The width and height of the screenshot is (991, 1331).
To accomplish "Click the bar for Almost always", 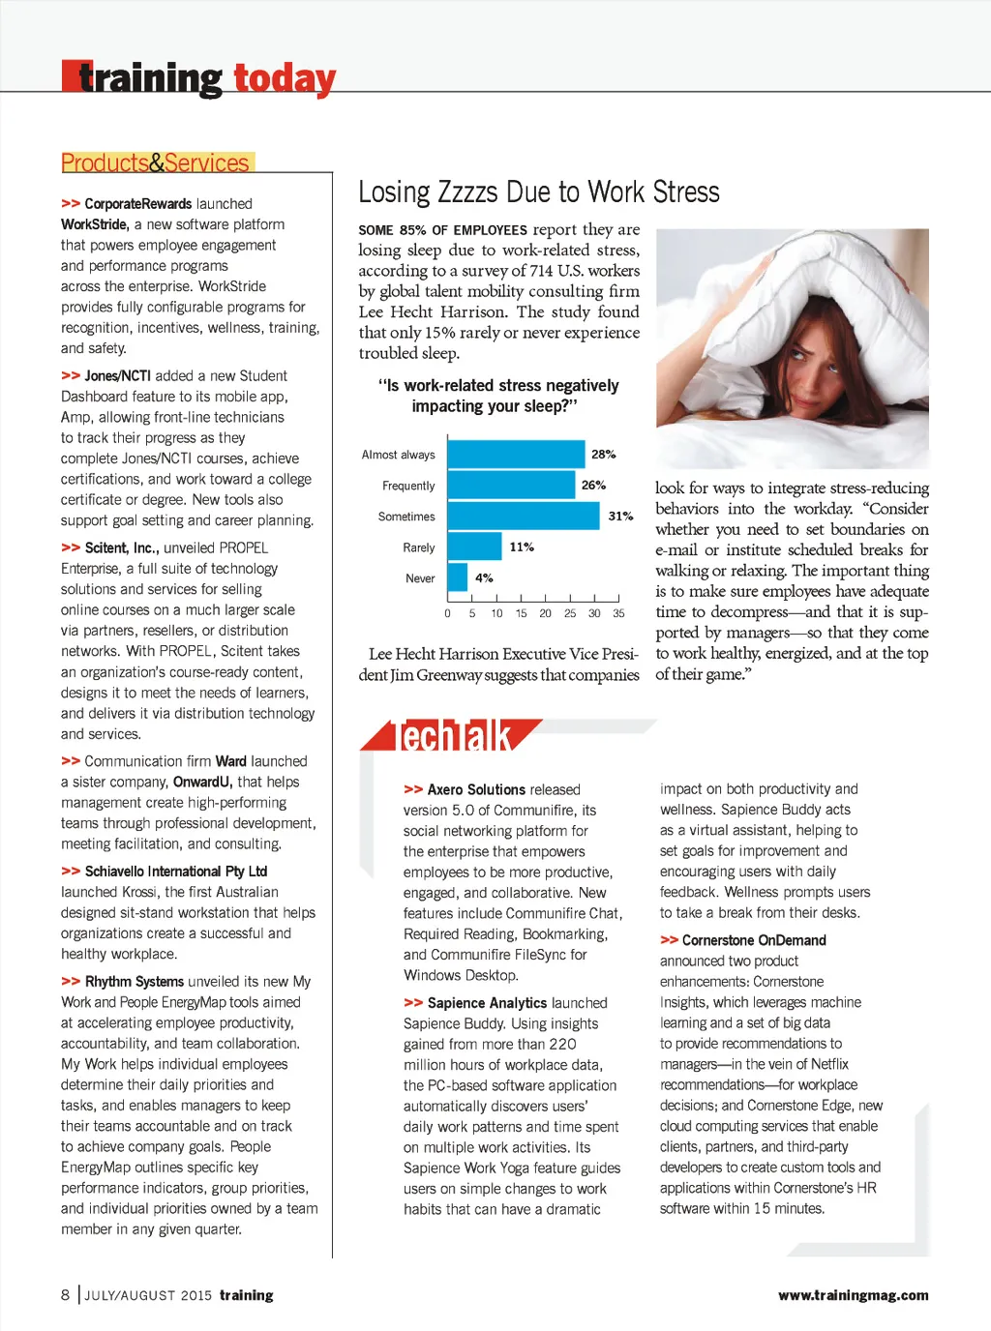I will click(517, 454).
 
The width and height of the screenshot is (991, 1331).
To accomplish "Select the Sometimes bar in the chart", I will click(524, 516).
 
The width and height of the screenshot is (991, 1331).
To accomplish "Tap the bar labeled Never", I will click(458, 577).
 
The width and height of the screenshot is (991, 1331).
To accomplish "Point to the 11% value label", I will click(522, 547).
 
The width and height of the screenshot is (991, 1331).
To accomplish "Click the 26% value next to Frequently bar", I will click(593, 486).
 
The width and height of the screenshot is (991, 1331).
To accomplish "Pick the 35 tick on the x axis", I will click(618, 613).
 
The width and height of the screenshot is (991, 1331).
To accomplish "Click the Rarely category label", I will click(419, 547).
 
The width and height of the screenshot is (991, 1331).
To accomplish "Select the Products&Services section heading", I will click(156, 163).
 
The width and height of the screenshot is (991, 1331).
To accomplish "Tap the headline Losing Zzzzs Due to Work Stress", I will click(539, 192).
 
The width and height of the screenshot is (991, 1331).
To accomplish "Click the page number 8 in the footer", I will click(66, 1295).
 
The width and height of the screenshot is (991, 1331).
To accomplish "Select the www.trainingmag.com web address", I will click(853, 1295).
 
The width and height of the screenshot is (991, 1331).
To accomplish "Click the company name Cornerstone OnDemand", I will click(754, 940).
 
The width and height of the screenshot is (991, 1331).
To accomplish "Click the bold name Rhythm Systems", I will click(135, 981).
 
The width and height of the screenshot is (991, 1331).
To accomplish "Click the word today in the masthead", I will click(285, 78).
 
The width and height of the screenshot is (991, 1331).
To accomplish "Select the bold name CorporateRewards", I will click(137, 204).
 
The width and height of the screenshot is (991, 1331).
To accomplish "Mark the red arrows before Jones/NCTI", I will click(70, 375).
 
